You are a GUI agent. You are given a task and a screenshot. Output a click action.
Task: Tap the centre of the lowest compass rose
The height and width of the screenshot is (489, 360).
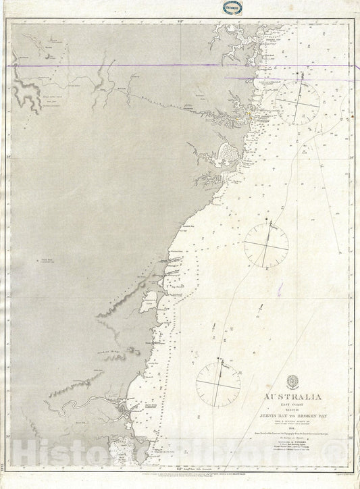coord(218,382)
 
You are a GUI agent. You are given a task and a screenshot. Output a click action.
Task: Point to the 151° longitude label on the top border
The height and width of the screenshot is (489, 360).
coord(180,21)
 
